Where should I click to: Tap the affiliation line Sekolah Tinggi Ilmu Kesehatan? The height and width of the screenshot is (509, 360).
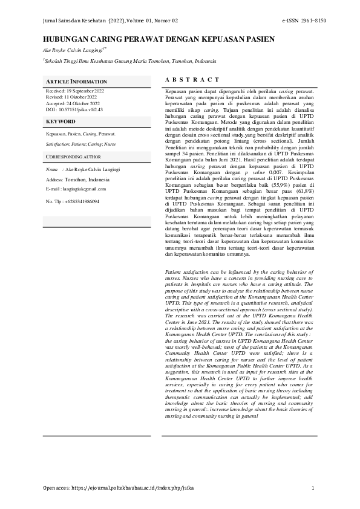(x=129, y=61)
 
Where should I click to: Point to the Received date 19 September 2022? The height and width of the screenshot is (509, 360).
(x=75, y=90)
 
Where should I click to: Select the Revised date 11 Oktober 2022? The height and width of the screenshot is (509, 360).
(x=71, y=96)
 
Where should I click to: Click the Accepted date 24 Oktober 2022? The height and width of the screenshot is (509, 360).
(x=73, y=102)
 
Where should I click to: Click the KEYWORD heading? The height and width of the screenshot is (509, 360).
(x=61, y=122)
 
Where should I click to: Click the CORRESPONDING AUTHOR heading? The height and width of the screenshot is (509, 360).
(x=74, y=157)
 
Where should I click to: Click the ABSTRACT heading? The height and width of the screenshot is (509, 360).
(x=192, y=80)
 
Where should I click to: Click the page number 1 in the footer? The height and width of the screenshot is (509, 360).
(x=313, y=487)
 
